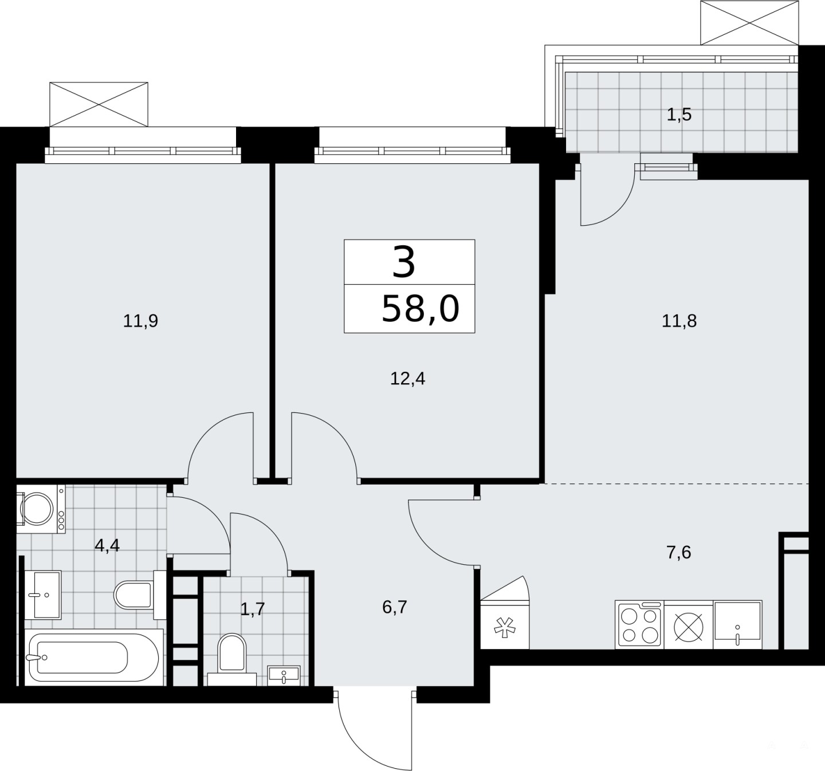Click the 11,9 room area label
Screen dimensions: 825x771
pyautogui.click(x=140, y=321)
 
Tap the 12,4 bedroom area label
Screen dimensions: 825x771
pyautogui.click(x=407, y=379)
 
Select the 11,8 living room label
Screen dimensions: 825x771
pyautogui.click(x=679, y=321)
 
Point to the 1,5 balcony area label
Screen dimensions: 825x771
pyautogui.click(x=679, y=114)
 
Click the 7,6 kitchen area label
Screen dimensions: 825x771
pyautogui.click(x=679, y=553)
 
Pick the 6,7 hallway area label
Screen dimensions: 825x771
pyautogui.click(x=395, y=607)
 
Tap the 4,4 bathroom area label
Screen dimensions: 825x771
pyautogui.click(x=107, y=545)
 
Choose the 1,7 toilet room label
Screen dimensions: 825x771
pyautogui.click(x=253, y=609)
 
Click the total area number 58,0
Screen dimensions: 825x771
pyautogui.click(x=421, y=308)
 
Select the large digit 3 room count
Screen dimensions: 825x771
pyautogui.click(x=404, y=262)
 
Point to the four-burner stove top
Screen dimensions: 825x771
pyautogui.click(x=639, y=624)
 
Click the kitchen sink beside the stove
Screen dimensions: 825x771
pyautogui.click(x=737, y=624)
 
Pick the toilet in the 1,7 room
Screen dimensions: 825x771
pyautogui.click(x=232, y=660)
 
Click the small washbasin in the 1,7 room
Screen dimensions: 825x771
pyautogui.click(x=284, y=676)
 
